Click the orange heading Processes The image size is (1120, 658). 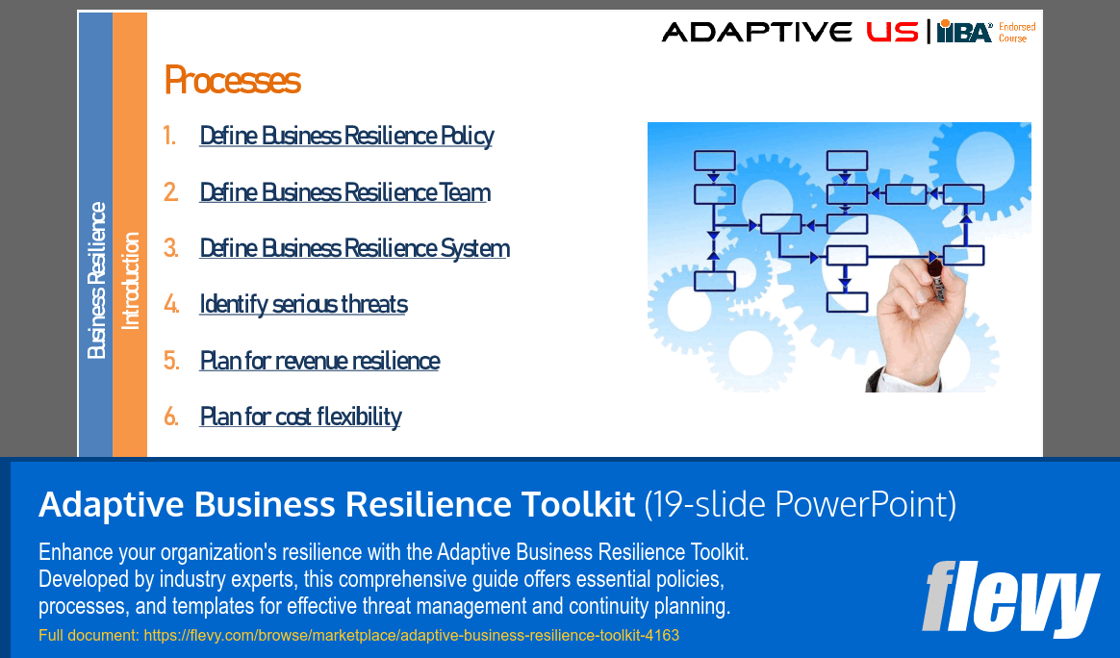click(x=232, y=80)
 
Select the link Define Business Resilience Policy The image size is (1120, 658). click(x=346, y=136)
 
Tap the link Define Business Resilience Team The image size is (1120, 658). click(x=344, y=192)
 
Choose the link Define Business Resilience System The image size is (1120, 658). click(x=354, y=248)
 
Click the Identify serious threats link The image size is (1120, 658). click(x=303, y=305)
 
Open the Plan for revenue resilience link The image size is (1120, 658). click(x=319, y=361)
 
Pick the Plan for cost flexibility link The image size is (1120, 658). click(x=300, y=417)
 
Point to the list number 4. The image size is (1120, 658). click(x=171, y=305)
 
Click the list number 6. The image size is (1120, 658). click(x=171, y=417)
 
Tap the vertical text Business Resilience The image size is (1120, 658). click(x=96, y=280)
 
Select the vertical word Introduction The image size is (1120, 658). click(x=130, y=281)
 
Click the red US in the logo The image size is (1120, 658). click(x=891, y=32)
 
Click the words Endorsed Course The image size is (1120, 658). click(x=1017, y=33)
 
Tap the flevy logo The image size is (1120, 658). click(x=1010, y=598)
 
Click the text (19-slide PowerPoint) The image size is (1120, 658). click(x=799, y=504)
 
